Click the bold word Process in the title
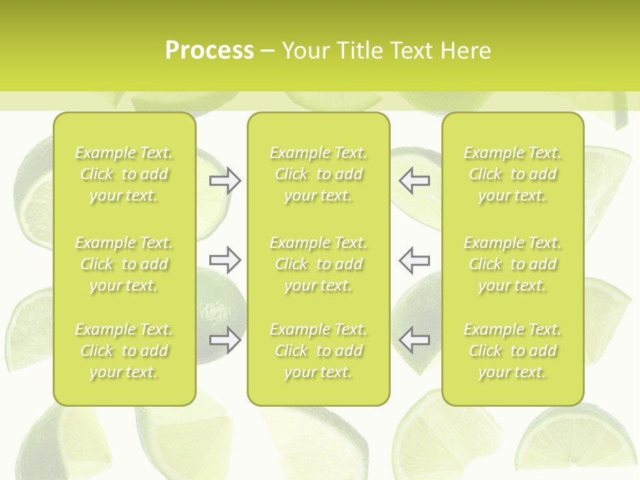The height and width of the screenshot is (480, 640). point(209,51)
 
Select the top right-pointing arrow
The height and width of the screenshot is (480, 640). point(225,181)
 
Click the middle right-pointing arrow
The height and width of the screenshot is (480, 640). point(225,260)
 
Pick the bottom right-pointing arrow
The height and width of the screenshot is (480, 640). point(225,340)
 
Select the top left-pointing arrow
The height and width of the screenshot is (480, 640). point(415,181)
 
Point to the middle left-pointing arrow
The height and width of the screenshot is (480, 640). point(415,260)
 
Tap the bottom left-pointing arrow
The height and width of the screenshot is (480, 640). point(415,340)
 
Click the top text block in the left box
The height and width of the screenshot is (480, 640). point(124,174)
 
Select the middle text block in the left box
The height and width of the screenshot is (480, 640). point(124,264)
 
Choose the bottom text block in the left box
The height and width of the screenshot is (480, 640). point(124,351)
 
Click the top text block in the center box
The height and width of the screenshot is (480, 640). point(319,174)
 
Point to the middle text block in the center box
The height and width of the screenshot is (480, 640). point(319,264)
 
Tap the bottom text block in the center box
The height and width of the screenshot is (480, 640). point(319,351)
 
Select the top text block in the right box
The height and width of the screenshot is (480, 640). point(513,174)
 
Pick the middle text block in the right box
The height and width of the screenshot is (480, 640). point(513,264)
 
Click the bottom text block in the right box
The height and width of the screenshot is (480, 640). point(513,351)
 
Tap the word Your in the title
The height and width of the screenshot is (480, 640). point(305,51)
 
